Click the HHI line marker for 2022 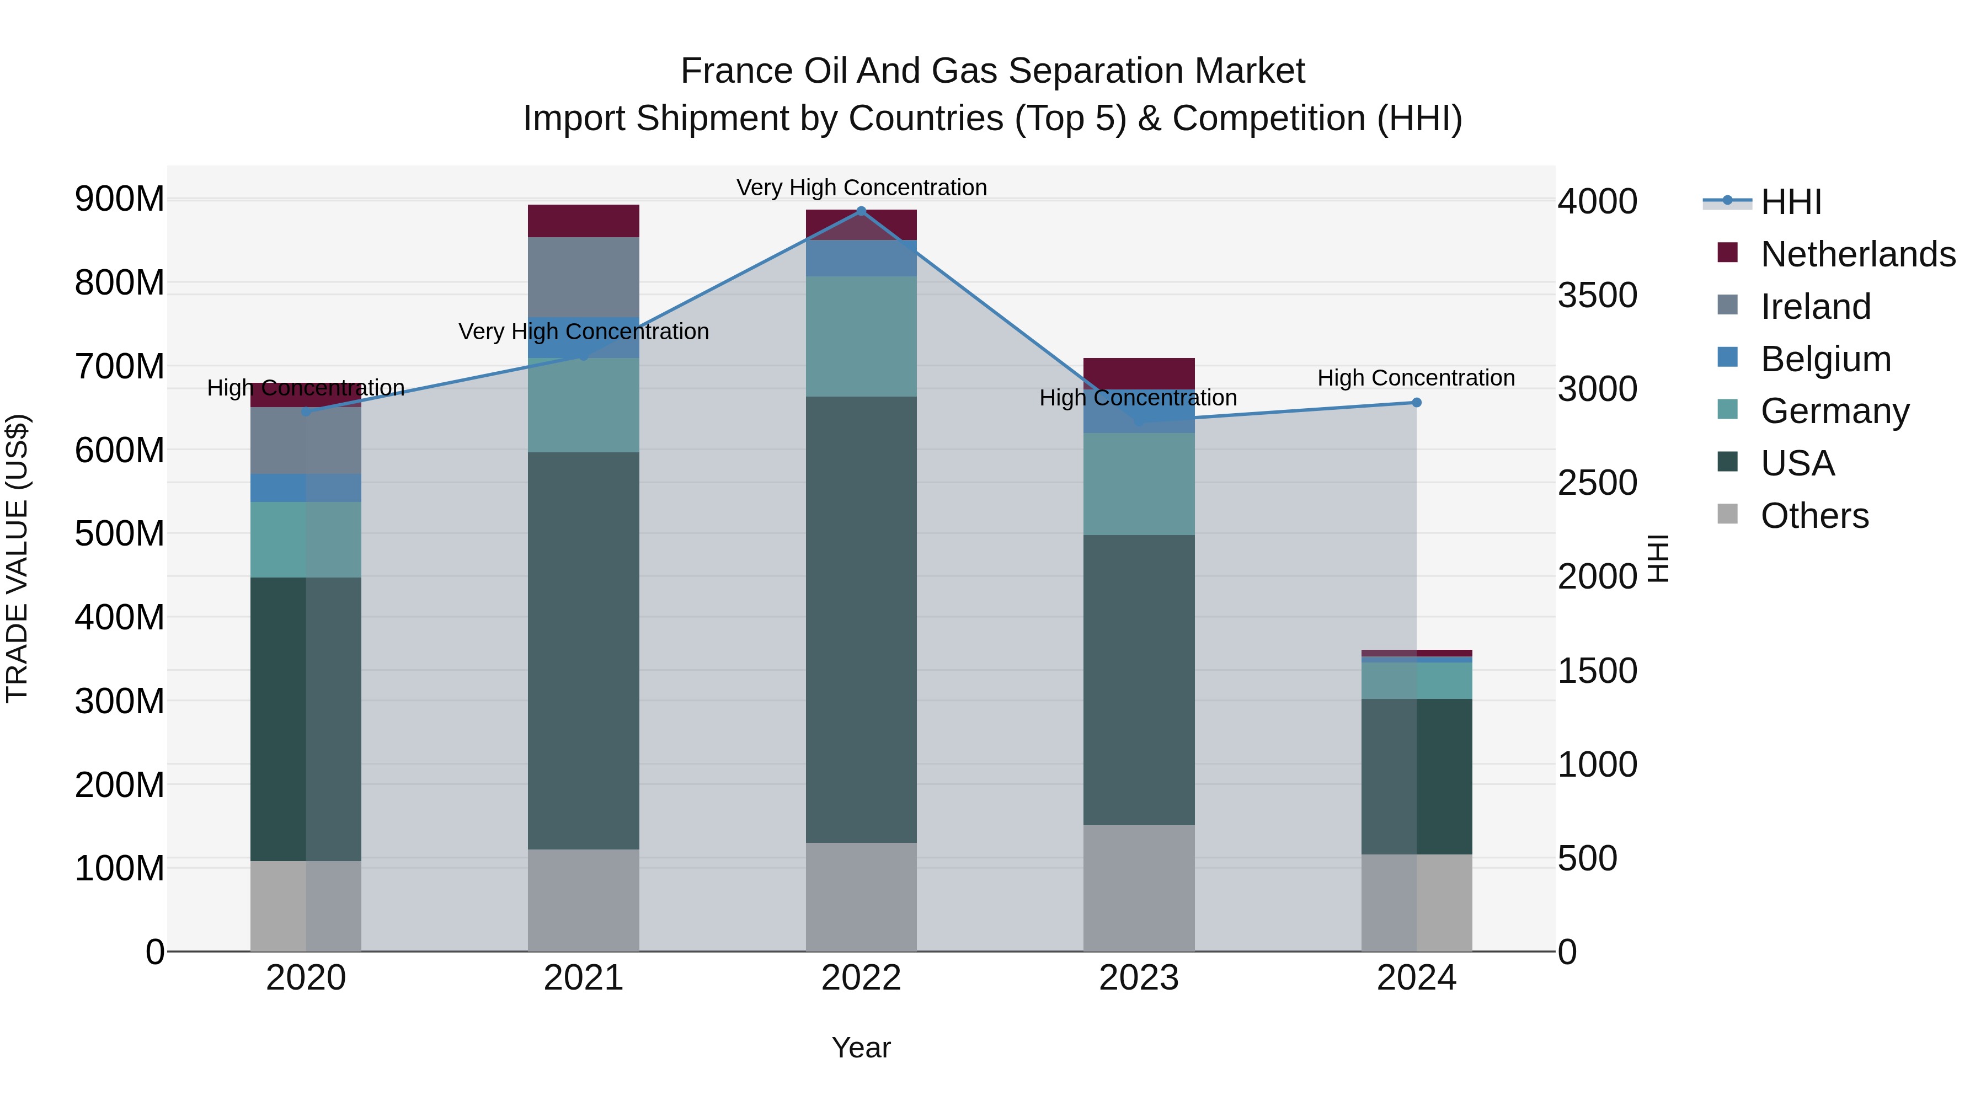pos(861,211)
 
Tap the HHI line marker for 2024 pos(1416,403)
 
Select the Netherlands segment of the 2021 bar pos(584,221)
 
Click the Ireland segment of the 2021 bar pos(584,277)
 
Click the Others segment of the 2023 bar pos(1139,888)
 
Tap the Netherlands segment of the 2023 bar pos(1139,372)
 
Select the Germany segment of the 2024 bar pos(1416,681)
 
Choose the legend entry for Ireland pos(1816,307)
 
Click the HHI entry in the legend pos(1791,202)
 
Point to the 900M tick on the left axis pos(120,200)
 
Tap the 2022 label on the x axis pos(861,978)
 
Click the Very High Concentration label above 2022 pos(861,188)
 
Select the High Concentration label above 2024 pos(1416,378)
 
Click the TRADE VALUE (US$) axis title pos(17,558)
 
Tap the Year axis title pos(861,1047)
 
